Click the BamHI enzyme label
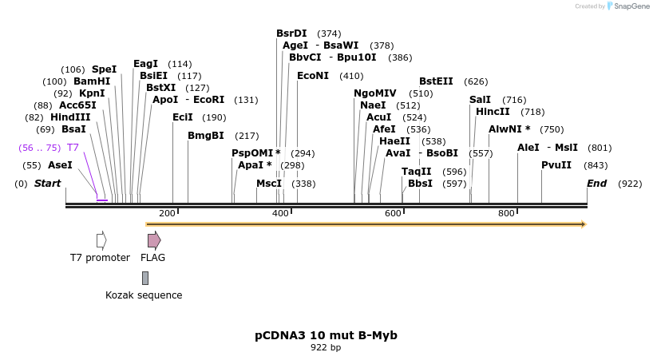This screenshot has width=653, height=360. [x=92, y=81]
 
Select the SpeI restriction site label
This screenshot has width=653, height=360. [x=104, y=69]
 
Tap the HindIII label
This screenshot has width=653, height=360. [x=70, y=117]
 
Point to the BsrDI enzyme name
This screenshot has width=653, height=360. [x=291, y=34]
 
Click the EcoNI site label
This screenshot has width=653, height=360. [x=312, y=76]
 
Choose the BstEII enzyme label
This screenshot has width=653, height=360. [x=436, y=81]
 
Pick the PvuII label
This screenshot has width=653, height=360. [x=556, y=165]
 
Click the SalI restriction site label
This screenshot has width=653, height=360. [x=480, y=100]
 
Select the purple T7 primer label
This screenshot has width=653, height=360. [x=73, y=148]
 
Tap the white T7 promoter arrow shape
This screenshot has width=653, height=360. [x=101, y=240]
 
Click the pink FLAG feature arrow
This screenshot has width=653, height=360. [x=153, y=240]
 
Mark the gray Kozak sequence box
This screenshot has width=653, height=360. [x=144, y=278]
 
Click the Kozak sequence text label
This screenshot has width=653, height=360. [x=144, y=295]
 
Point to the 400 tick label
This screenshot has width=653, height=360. [x=280, y=214]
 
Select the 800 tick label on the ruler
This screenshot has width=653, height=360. [x=506, y=214]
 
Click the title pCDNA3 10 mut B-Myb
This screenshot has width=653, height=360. [x=326, y=335]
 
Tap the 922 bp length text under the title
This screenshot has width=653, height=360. [x=326, y=348]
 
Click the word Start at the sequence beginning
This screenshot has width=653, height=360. [x=47, y=184]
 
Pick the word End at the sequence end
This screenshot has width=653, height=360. [x=597, y=184]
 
